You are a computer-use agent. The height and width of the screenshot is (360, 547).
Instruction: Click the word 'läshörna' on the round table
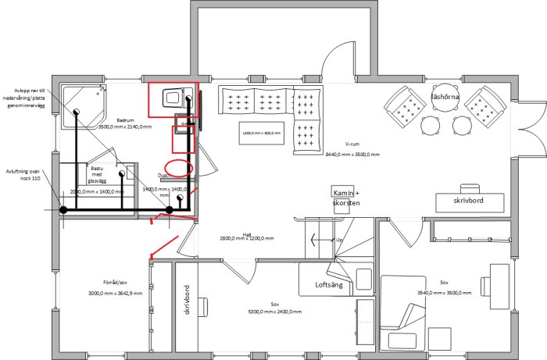click(446, 97)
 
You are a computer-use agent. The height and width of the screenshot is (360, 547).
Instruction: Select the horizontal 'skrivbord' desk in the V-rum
click(470, 201)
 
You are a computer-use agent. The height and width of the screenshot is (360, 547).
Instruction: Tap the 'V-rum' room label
click(352, 144)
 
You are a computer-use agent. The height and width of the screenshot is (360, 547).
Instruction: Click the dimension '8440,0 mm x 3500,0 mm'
click(352, 155)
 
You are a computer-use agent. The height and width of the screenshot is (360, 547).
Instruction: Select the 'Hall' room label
click(246, 233)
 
